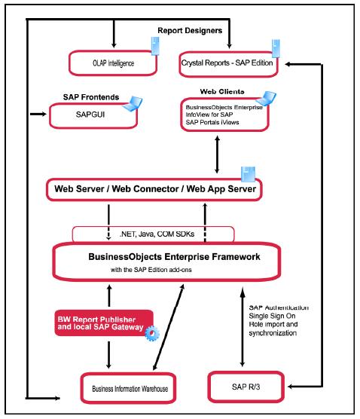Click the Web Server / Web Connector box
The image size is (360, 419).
[154, 188]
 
